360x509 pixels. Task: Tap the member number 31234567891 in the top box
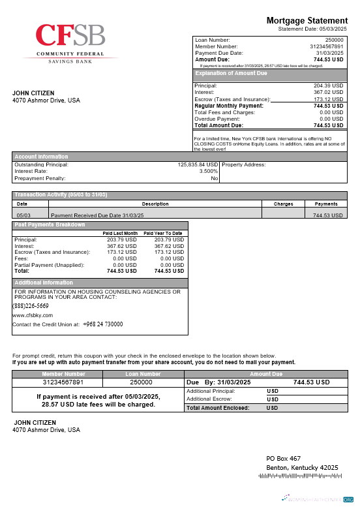pos(326,47)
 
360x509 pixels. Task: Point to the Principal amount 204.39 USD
pos(328,86)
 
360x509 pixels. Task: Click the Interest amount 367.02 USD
pos(328,93)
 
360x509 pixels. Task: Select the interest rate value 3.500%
pos(208,171)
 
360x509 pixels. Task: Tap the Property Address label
pos(244,164)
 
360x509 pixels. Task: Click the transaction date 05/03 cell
pos(23,214)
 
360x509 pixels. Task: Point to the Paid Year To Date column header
pos(162,233)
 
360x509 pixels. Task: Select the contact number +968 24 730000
pos(102,324)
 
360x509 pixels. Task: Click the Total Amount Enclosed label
pos(217,408)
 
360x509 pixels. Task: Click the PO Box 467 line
pos(283,459)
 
